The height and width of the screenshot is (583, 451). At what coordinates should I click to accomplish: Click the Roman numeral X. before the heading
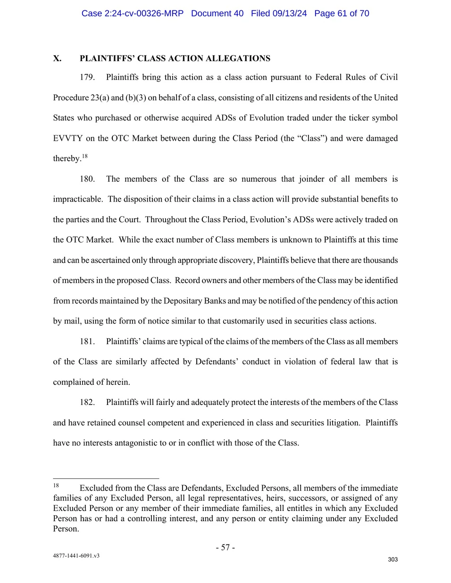click(57, 58)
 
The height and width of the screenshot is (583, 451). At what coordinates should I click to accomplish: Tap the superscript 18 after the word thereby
click(84, 156)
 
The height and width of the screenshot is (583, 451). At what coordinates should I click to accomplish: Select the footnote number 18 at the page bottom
click(56, 486)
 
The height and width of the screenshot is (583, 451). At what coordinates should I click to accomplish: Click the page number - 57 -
click(225, 547)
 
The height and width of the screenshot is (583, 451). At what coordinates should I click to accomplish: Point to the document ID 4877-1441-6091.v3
click(76, 556)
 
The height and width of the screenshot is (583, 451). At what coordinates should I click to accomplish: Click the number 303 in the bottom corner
click(393, 559)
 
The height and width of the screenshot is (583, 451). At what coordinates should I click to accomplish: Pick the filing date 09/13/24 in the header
click(289, 14)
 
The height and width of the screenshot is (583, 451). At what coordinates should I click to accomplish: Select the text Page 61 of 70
click(342, 14)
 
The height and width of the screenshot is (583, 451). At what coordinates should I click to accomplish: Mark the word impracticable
click(77, 199)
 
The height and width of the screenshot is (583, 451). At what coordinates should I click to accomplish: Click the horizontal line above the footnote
click(106, 478)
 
